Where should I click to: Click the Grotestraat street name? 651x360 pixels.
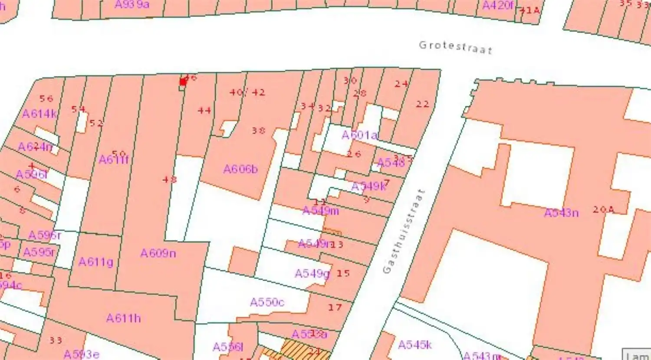(455, 47)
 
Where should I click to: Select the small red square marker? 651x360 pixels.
(183, 82)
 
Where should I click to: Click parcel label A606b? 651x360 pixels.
(240, 169)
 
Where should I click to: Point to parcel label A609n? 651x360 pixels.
(158, 253)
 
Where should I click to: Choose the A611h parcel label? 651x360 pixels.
(123, 318)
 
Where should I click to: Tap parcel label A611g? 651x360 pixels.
(95, 262)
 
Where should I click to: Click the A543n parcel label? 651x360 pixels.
(561, 213)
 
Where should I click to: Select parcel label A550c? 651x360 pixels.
(267, 302)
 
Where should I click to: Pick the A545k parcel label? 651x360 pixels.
(414, 345)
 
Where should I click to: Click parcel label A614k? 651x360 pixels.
(39, 114)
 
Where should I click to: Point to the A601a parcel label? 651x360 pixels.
(359, 135)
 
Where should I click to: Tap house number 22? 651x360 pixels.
(422, 104)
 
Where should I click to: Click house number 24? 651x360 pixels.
(401, 84)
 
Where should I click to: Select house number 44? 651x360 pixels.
(204, 111)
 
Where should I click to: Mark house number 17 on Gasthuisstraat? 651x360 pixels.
(335, 308)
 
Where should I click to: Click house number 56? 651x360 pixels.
(46, 98)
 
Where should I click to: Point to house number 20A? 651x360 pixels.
(603, 209)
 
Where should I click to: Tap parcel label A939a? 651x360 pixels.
(132, 5)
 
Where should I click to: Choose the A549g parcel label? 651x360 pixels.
(312, 274)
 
